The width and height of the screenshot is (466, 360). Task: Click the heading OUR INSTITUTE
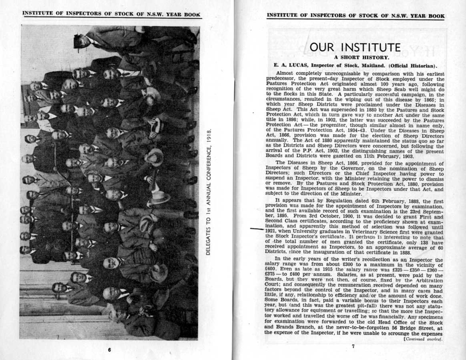(355, 48)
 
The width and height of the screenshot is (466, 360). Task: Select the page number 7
(353, 346)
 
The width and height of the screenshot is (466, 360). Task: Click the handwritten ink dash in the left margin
(257, 230)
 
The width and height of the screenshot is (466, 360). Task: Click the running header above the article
(356, 16)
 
